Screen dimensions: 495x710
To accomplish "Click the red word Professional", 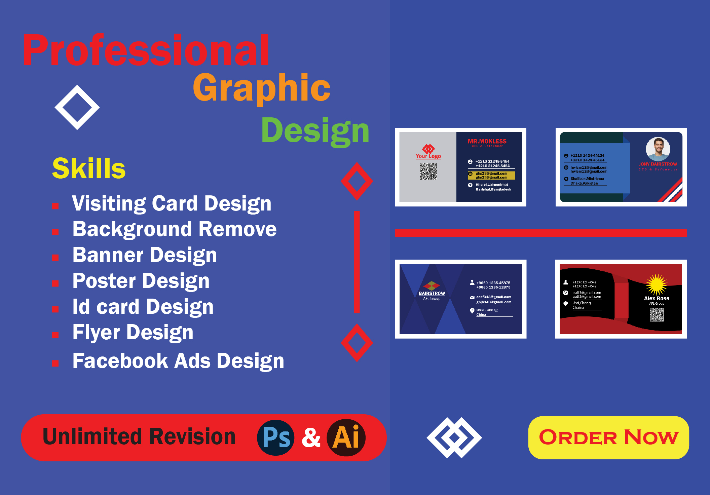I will pyautogui.click(x=146, y=50).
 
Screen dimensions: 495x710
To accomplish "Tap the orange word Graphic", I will pyautogui.click(x=261, y=88).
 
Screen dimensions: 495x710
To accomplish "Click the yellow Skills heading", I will pyautogui.click(x=89, y=168).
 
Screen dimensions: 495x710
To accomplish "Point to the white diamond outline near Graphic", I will pyautogui.click(x=77, y=107).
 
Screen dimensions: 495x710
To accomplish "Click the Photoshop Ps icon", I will pyautogui.click(x=276, y=437).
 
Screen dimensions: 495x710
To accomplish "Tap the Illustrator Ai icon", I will pyautogui.click(x=346, y=437).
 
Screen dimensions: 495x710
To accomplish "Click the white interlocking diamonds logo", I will pyautogui.click(x=454, y=437).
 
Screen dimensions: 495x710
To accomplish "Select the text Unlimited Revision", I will pyautogui.click(x=139, y=437).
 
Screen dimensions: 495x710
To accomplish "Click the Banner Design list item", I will pyautogui.click(x=145, y=255).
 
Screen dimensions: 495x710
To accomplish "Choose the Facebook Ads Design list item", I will pyautogui.click(x=178, y=361).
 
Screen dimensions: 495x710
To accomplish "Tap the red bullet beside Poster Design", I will pyautogui.click(x=55, y=283).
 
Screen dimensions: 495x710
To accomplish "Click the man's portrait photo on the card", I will pyautogui.click(x=658, y=149).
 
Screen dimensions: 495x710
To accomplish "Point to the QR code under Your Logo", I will pyautogui.click(x=428, y=172).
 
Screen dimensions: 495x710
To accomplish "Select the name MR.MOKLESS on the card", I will pyautogui.click(x=487, y=141).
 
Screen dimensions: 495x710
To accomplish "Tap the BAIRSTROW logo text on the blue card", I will pyautogui.click(x=432, y=293).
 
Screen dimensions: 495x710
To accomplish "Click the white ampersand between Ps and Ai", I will pyautogui.click(x=311, y=437).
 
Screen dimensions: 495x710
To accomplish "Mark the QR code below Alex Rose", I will pyautogui.click(x=656, y=315).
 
